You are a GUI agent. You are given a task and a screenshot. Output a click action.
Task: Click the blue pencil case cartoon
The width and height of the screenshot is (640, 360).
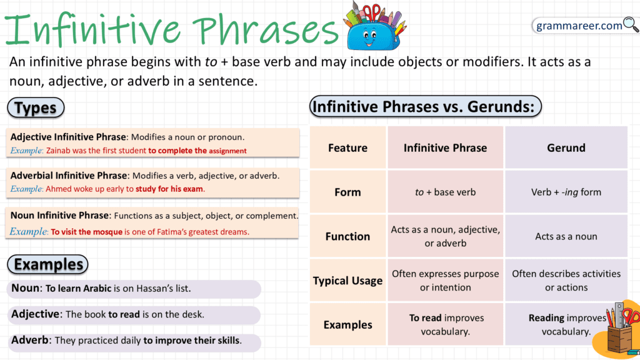373,32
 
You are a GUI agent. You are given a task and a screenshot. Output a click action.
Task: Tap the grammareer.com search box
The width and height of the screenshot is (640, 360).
578,26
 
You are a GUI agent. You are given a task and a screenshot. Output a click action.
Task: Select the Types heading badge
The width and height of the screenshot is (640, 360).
36,107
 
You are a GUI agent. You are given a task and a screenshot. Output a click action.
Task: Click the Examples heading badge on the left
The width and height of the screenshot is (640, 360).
48,264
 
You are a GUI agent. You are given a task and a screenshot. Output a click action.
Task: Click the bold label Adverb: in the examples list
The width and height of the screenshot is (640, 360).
31,341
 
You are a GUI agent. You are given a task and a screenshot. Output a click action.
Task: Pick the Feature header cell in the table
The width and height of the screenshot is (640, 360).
347,148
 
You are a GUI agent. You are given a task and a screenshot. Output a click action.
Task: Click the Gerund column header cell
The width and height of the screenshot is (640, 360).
566,148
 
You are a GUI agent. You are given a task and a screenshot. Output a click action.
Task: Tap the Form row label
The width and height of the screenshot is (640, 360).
347,192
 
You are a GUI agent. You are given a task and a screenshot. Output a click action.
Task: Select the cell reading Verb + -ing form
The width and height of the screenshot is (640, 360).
566,192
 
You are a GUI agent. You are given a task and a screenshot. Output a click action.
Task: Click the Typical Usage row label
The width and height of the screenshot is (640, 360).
347,281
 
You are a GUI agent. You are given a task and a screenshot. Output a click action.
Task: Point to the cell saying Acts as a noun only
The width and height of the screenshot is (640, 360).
566,236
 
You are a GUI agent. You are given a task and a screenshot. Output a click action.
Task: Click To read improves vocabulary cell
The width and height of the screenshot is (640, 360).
445,324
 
